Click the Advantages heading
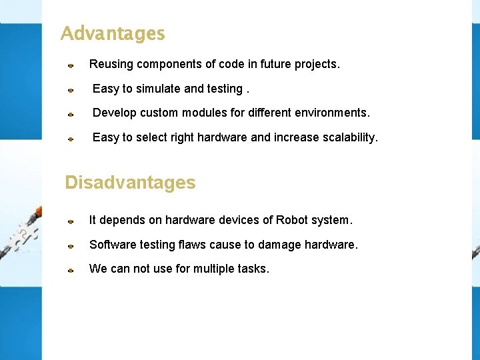click(x=113, y=33)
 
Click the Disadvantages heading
click(x=130, y=183)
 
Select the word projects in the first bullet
click(x=317, y=65)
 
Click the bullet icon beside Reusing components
click(x=70, y=65)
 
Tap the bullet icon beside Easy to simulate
click(x=70, y=89)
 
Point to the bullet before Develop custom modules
click(x=70, y=114)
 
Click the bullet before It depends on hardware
click(x=70, y=221)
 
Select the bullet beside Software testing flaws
click(x=70, y=245)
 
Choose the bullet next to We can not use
click(x=70, y=270)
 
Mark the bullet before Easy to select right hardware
click(x=70, y=139)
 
